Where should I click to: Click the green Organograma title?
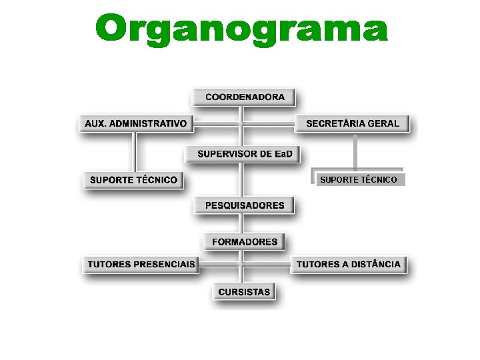tap(241, 30)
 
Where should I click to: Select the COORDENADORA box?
tap(244, 97)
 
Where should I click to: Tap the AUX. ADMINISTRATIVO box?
tap(135, 123)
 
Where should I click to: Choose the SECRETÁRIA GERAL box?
tap(352, 123)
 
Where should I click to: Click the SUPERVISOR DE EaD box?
tap(244, 154)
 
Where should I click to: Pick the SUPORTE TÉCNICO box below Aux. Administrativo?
tap(133, 180)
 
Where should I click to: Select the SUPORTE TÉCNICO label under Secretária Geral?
tap(358, 179)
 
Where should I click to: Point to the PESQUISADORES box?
tap(244, 205)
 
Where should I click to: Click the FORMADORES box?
tap(244, 241)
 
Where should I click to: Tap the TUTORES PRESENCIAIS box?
tap(141, 265)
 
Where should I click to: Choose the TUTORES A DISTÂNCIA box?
tap(348, 265)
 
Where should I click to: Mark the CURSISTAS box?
tap(244, 292)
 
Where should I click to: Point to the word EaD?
tap(283, 154)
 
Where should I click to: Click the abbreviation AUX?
tap(95, 123)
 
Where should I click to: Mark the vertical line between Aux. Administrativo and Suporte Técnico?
tap(135, 152)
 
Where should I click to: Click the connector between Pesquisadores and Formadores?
tap(244, 223)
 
